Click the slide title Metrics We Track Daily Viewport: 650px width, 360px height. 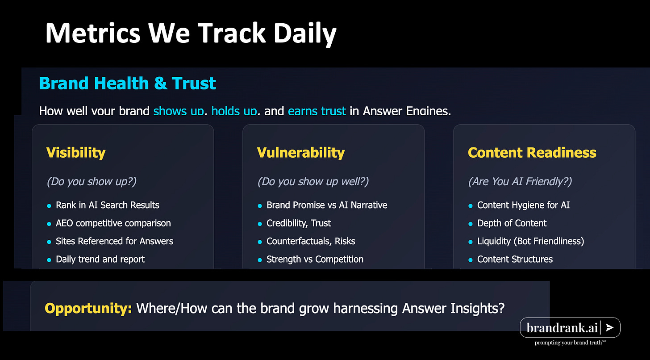191,33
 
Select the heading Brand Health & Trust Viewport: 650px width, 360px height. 127,84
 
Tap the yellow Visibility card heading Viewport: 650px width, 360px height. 76,153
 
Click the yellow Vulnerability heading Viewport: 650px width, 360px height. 300,153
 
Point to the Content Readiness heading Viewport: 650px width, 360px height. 532,153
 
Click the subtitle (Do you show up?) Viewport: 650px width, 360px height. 92,181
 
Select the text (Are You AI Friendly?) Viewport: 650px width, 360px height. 520,181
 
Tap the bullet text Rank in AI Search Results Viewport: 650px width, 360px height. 107,205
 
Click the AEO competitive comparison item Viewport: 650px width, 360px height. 113,223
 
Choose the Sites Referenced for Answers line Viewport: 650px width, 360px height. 114,241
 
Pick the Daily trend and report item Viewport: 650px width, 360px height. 100,259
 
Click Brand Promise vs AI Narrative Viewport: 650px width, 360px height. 327,205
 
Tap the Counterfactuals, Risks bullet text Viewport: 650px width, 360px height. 311,241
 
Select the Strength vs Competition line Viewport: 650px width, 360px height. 315,259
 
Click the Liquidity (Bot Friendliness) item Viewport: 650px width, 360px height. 530,241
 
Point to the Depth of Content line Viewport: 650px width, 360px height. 512,223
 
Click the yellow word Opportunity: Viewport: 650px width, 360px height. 88,308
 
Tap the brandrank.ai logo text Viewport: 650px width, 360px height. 562,328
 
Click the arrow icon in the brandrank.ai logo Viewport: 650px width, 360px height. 610,327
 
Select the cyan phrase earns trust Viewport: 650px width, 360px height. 317,111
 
